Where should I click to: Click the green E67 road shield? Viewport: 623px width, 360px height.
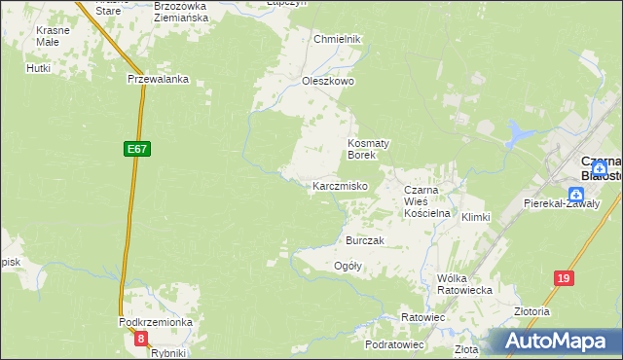click(136, 149)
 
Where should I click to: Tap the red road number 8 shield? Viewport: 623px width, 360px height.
click(142, 339)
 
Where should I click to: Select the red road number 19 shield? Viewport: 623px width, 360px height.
click(564, 278)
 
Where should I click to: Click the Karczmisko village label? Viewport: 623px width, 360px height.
click(339, 185)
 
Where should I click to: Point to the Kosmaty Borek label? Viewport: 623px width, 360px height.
click(369, 149)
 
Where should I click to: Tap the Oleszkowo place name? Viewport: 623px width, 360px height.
click(328, 81)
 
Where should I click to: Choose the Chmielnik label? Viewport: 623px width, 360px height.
click(337, 39)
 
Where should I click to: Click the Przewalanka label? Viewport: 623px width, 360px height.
click(158, 81)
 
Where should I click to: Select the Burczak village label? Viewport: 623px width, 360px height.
click(366, 239)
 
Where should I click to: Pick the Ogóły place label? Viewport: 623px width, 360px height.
click(348, 266)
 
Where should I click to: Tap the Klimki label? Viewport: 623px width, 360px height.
click(476, 217)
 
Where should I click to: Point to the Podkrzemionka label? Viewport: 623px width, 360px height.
click(156, 321)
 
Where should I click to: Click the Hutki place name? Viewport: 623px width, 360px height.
click(39, 68)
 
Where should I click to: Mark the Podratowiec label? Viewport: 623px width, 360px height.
click(393, 344)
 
